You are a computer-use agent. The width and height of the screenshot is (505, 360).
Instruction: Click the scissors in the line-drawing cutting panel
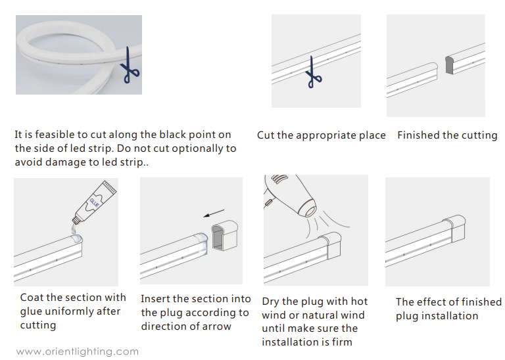[311, 71]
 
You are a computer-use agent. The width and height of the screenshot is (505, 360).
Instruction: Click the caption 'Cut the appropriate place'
[321, 135]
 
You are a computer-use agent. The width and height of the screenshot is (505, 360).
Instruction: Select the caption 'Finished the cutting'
[447, 135]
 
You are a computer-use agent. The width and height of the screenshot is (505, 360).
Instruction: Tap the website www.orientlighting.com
[78, 351]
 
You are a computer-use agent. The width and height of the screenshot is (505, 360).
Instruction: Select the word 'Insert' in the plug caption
[156, 299]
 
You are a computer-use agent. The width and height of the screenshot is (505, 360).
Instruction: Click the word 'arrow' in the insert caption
[217, 326]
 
